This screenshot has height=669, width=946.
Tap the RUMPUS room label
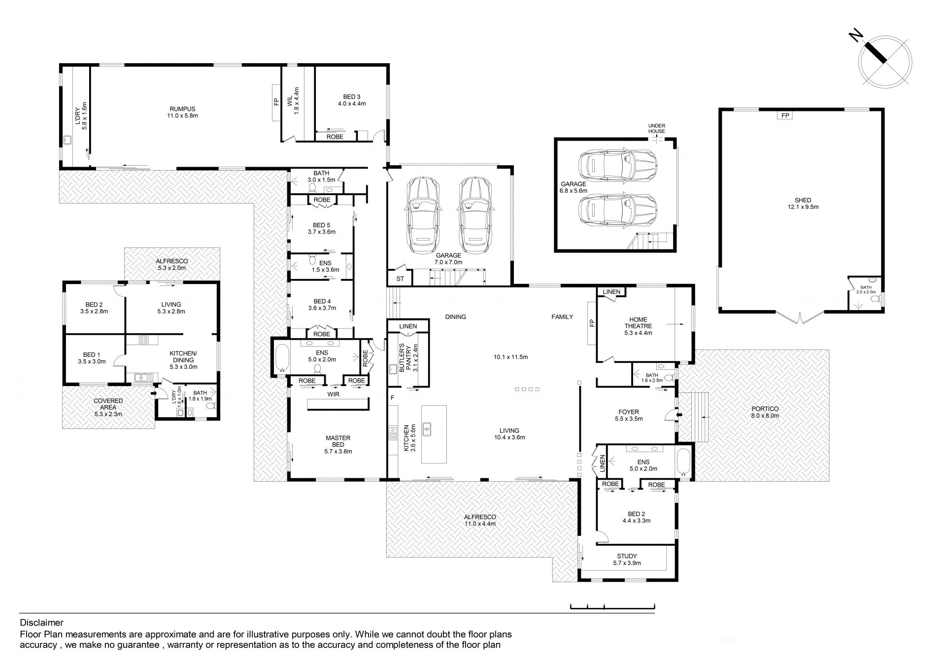pyautogui.click(x=182, y=112)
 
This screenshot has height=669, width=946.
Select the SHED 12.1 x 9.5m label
pyautogui.click(x=803, y=204)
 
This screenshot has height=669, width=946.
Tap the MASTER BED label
pyautogui.click(x=338, y=441)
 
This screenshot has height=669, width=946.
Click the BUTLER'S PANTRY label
pyautogui.click(x=405, y=357)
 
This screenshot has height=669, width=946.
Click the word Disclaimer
pyautogui.click(x=41, y=623)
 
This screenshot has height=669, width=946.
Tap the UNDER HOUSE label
pyautogui.click(x=656, y=128)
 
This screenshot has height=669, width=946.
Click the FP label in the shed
pyautogui.click(x=785, y=115)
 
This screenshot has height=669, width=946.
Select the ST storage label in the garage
pyautogui.click(x=400, y=279)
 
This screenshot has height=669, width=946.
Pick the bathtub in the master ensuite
pyautogui.click(x=282, y=357)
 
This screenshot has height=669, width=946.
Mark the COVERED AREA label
pyautogui.click(x=108, y=404)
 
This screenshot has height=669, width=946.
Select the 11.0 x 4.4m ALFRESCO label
pyautogui.click(x=480, y=520)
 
